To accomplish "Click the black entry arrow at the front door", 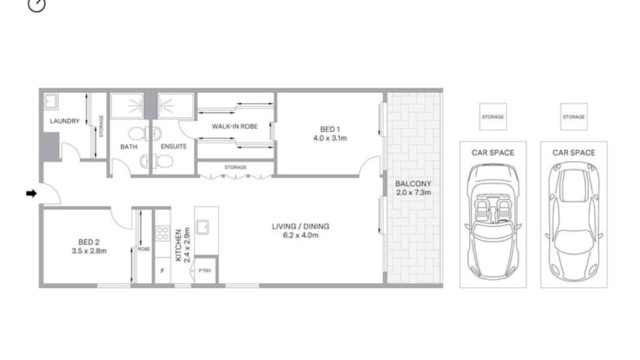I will [x=31, y=193].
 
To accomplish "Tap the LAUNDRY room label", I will [x=64, y=121].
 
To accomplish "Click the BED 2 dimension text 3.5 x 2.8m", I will [x=89, y=251].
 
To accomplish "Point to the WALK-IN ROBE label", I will [x=234, y=126].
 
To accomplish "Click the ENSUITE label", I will [x=173, y=146].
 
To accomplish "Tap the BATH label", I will [x=128, y=146].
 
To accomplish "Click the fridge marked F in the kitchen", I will [x=162, y=271].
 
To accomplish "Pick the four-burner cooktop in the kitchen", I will [x=162, y=233].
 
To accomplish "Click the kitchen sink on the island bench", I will [x=203, y=227].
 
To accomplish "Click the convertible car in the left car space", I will [x=493, y=221].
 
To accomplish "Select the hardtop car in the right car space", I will [x=573, y=221].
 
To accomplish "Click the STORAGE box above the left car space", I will [x=492, y=116].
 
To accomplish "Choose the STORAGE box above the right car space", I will [x=573, y=116].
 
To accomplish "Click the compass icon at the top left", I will [x=36, y=4].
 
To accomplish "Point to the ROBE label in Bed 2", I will [x=144, y=248].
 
